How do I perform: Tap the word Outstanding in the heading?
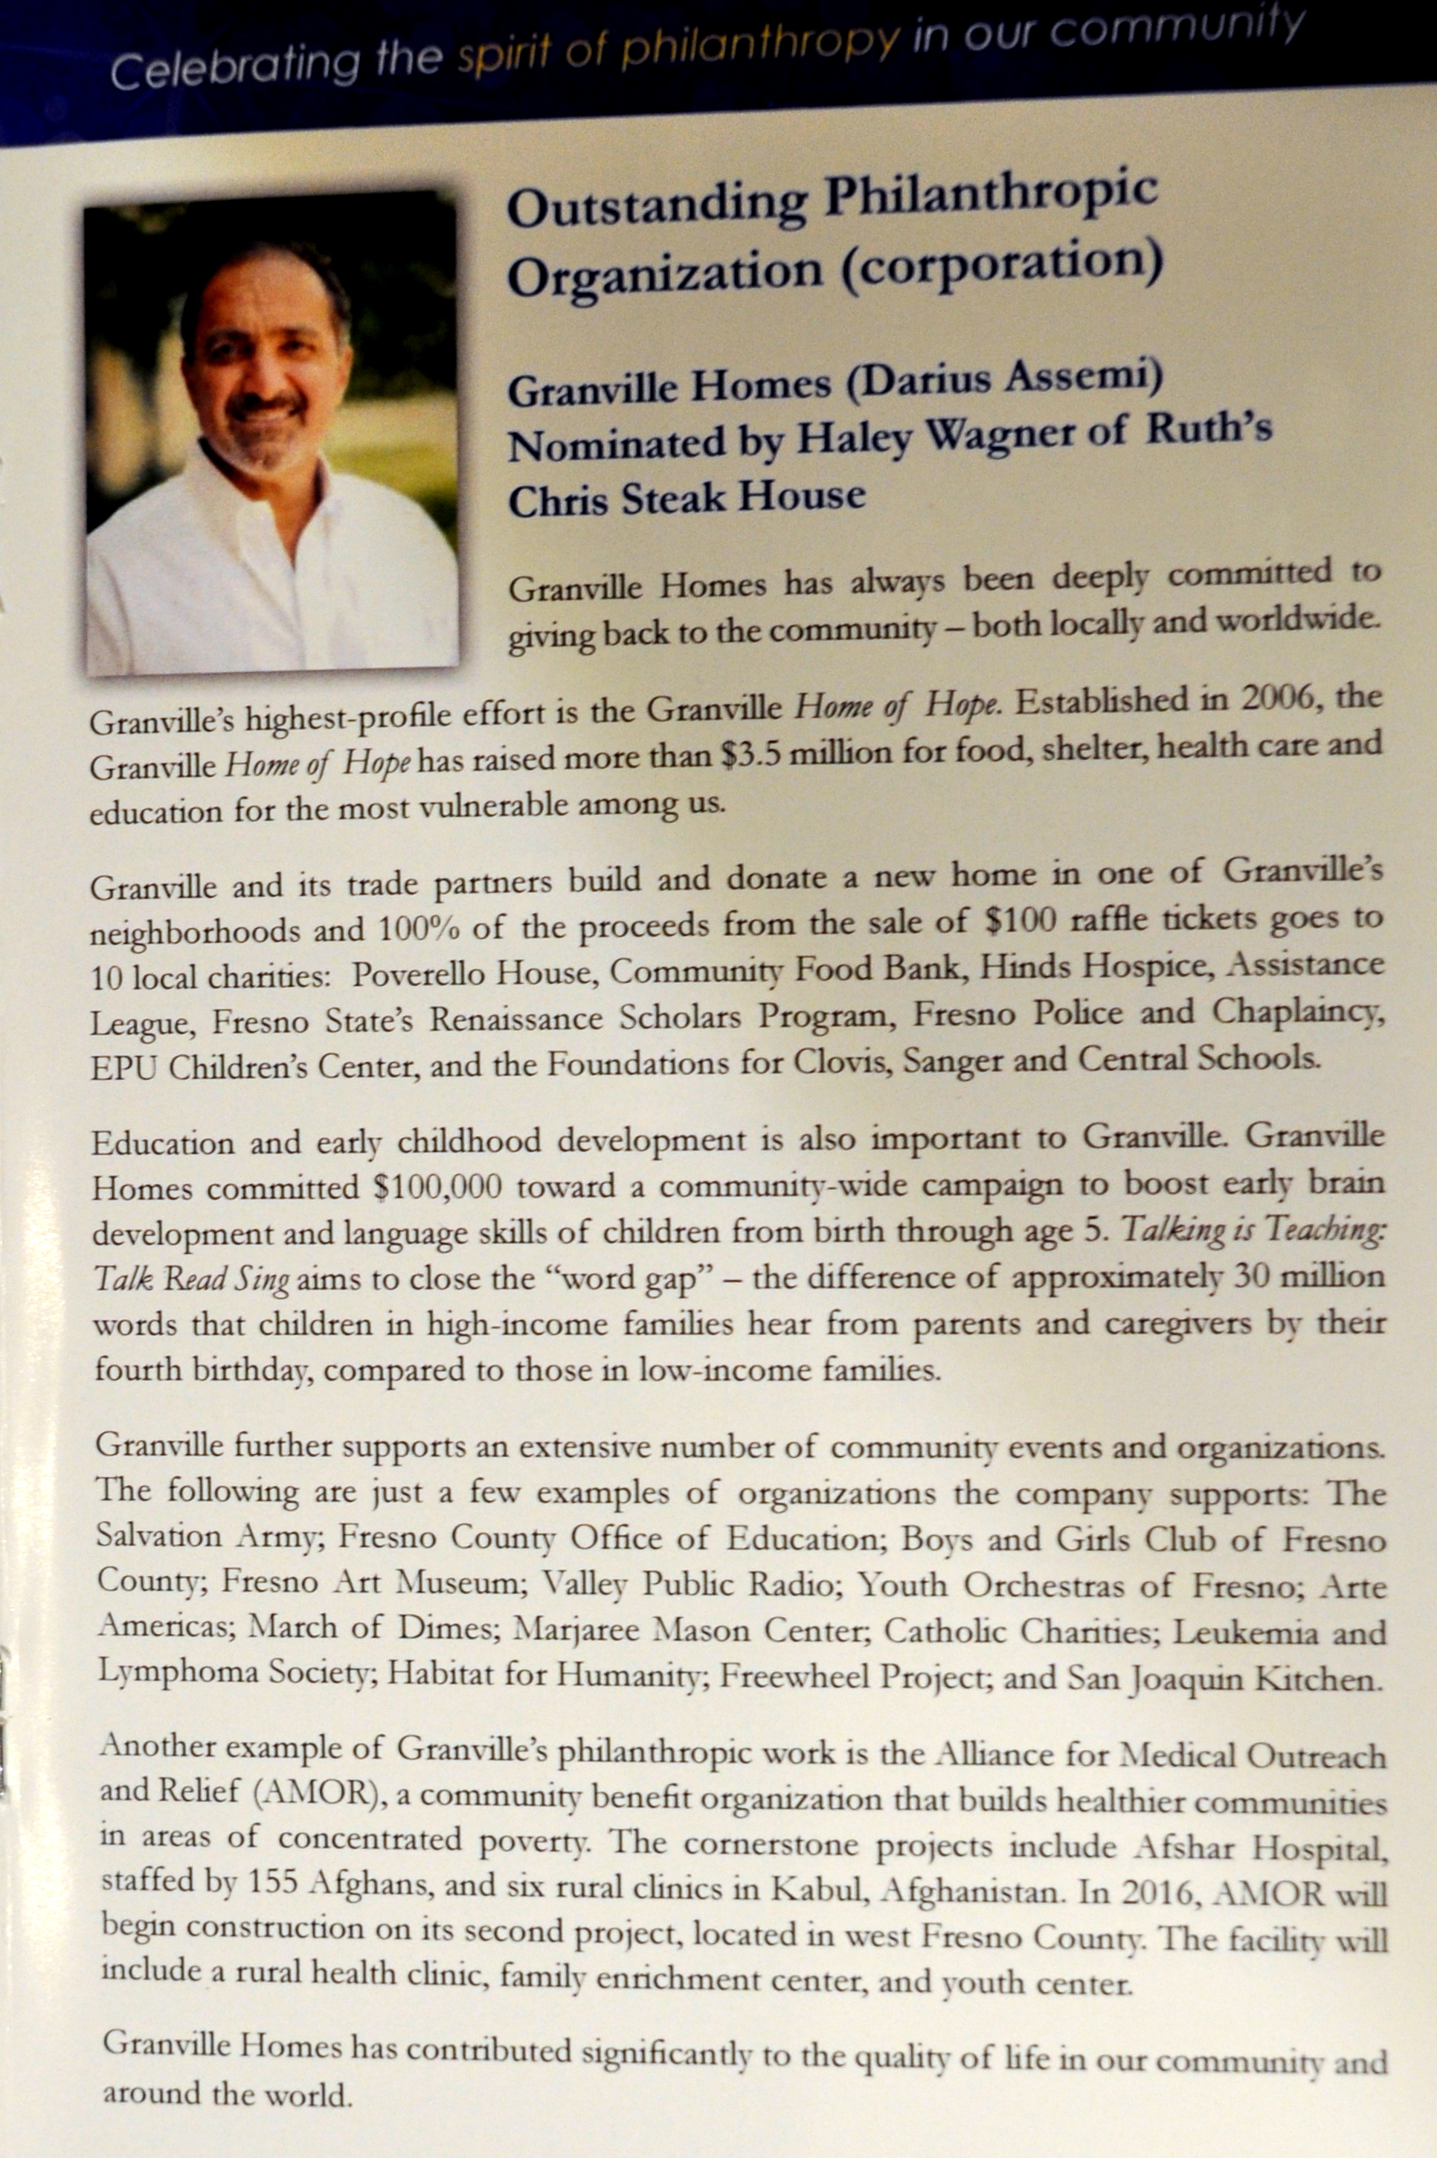click(x=656, y=207)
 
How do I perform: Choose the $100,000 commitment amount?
click(x=438, y=1189)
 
